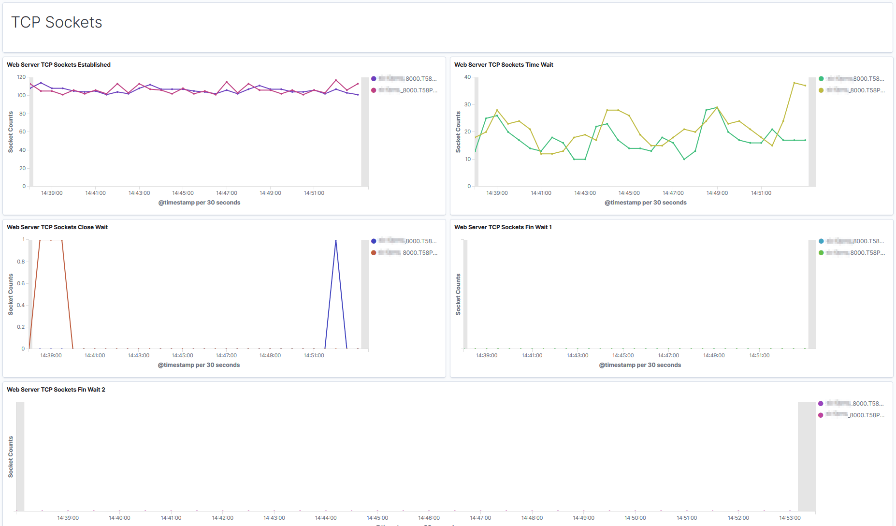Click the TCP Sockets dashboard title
(57, 22)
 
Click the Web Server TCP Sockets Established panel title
(58, 65)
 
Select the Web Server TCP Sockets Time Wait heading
(504, 65)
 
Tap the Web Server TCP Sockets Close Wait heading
(57, 227)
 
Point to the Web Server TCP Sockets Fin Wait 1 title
(503, 227)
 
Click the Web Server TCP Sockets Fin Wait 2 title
(56, 390)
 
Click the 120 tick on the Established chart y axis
(21, 77)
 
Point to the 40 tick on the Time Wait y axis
(467, 77)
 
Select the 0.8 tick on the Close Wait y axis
(21, 262)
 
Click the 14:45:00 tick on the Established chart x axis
(183, 193)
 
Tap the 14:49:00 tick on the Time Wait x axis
(717, 193)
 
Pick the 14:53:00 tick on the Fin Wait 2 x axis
(790, 518)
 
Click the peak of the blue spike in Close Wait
(336, 240)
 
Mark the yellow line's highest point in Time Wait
(794, 83)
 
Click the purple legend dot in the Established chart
(374, 79)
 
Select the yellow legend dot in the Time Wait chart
(821, 90)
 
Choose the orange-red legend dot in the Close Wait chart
(374, 253)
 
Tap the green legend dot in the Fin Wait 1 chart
(821, 253)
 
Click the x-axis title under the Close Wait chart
(199, 365)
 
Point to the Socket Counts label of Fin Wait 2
(11, 457)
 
